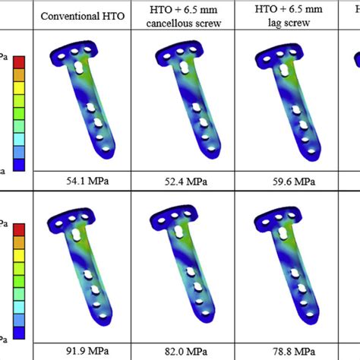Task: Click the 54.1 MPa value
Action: [x=81, y=182]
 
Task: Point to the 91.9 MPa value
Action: [x=81, y=351]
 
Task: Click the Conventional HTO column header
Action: [x=81, y=16]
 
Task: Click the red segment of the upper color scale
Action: [x=19, y=62]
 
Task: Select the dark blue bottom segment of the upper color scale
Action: [x=19, y=161]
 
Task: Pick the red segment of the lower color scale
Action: [x=19, y=228]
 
